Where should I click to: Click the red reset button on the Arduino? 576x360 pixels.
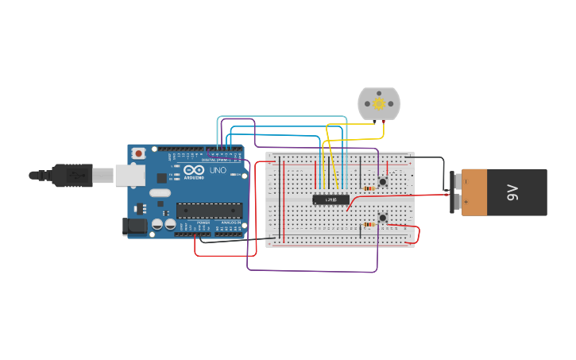click(139, 153)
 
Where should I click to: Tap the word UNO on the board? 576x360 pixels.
click(218, 170)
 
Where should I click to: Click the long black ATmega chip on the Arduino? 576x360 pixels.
click(208, 211)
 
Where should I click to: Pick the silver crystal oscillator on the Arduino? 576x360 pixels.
click(160, 192)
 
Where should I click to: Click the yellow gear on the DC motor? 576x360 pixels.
click(379, 104)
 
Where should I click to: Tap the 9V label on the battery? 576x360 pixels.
click(512, 192)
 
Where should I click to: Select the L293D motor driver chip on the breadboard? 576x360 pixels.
click(331, 199)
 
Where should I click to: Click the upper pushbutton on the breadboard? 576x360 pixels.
click(382, 182)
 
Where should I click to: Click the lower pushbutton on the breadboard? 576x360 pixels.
click(382, 217)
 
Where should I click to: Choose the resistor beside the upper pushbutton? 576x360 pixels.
click(368, 188)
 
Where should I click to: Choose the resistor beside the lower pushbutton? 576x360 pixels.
click(368, 224)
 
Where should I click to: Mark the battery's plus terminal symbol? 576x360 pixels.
click(455, 204)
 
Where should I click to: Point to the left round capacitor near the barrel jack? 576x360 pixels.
click(157, 226)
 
